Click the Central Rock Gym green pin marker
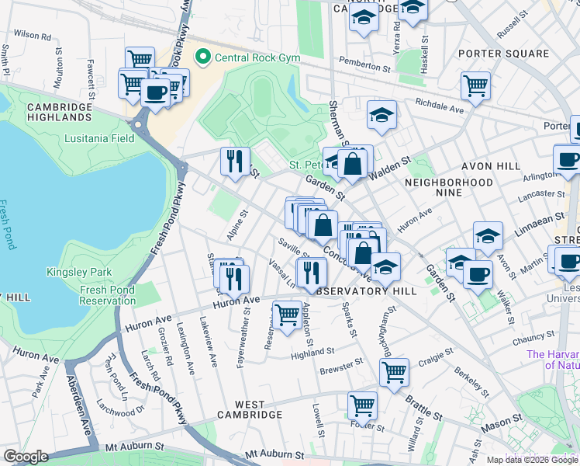(x=204, y=57)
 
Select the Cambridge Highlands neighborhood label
(x=59, y=112)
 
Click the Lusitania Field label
(x=100, y=138)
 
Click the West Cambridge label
(x=258, y=409)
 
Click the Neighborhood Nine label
(x=448, y=182)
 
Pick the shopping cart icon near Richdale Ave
(x=475, y=85)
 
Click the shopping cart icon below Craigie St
(x=394, y=371)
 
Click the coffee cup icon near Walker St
(x=478, y=273)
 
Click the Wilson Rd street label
(x=32, y=35)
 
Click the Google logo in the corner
(x=26, y=457)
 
